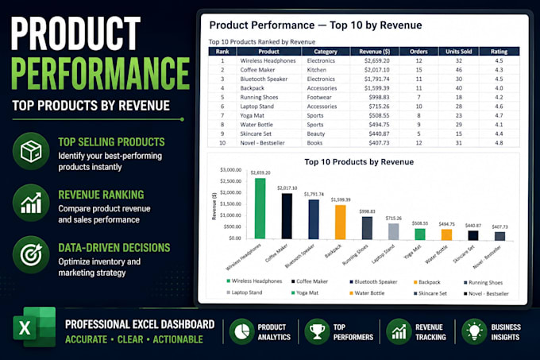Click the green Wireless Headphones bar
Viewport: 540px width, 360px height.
point(260,208)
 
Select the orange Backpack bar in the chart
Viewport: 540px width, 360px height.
point(340,222)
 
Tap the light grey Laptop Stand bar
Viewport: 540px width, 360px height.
point(394,231)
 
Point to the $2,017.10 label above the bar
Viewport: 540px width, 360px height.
point(287,188)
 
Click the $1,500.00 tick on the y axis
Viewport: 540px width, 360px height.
point(231,204)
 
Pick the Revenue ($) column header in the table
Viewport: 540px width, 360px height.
point(374,52)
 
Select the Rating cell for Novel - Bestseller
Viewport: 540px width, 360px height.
point(499,143)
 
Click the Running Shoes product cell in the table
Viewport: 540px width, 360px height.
point(259,97)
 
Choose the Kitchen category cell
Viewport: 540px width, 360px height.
point(317,70)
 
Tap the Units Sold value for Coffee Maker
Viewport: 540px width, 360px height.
point(459,70)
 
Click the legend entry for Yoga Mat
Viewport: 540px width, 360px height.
point(305,292)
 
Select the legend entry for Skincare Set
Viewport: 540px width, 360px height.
point(430,293)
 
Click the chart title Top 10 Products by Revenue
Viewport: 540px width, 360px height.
point(359,162)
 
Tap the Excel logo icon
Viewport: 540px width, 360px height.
point(34,327)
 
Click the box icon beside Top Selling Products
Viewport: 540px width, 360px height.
point(31,151)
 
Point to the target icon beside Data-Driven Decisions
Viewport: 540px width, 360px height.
point(31,254)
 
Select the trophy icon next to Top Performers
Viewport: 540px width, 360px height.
point(317,331)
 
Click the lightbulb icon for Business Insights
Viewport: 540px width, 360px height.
point(475,331)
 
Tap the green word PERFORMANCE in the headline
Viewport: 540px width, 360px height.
point(100,73)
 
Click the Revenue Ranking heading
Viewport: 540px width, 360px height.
point(101,195)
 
